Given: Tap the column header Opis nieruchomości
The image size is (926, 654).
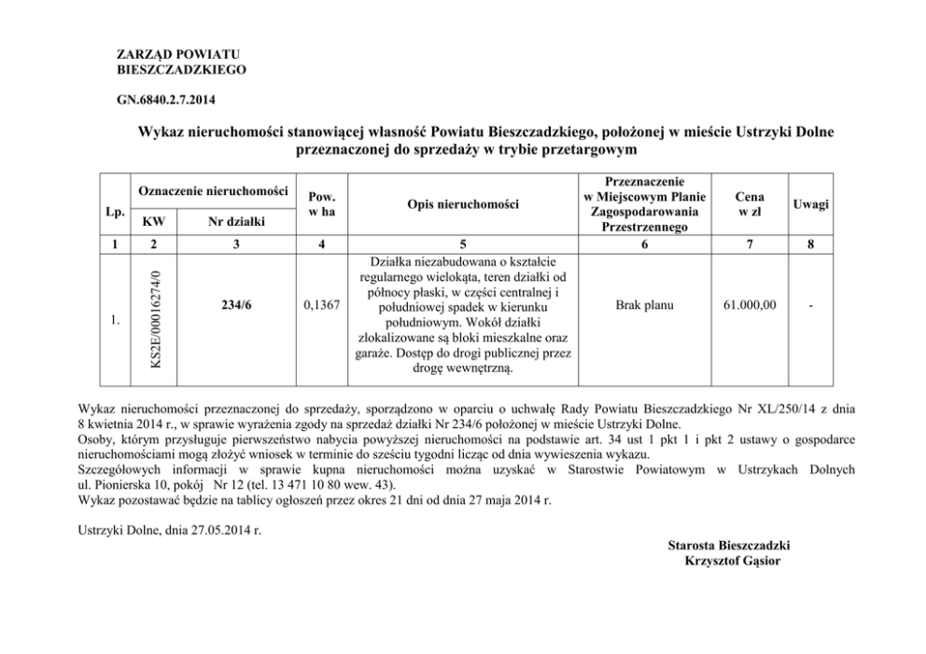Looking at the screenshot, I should pyautogui.click(x=462, y=203).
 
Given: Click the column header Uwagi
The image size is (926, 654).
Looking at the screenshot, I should pyautogui.click(x=810, y=203).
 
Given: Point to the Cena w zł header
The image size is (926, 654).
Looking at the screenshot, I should pyautogui.click(x=750, y=203).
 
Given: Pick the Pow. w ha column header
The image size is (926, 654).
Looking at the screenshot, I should pyautogui.click(x=321, y=203).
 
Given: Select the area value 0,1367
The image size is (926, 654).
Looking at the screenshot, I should pyautogui.click(x=321, y=305).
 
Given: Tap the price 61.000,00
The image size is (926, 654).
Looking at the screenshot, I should pyautogui.click(x=750, y=305).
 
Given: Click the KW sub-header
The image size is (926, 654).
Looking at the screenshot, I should pyautogui.click(x=155, y=222).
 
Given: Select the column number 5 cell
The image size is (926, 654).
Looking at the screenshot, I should pyautogui.click(x=462, y=244).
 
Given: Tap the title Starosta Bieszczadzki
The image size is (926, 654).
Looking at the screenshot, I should pyautogui.click(x=730, y=545).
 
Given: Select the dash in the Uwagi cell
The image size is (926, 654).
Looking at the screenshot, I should pyautogui.click(x=810, y=305).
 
